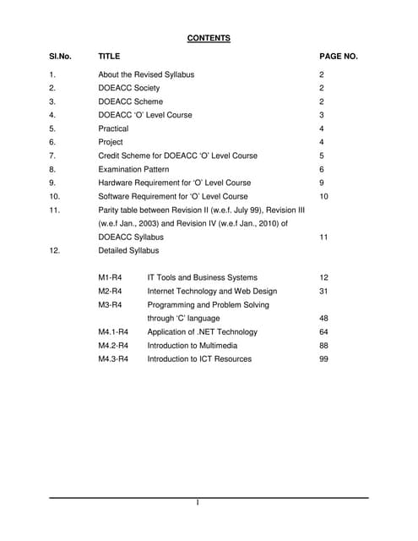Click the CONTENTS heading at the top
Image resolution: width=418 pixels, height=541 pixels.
pyautogui.click(x=209, y=38)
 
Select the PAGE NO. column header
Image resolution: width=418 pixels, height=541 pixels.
pyautogui.click(x=339, y=57)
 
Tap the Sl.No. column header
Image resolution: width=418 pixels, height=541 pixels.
pyautogui.click(x=60, y=57)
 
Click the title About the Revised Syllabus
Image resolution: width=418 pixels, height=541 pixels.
pyautogui.click(x=146, y=74)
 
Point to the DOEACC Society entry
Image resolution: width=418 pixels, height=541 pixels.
pyautogui.click(x=129, y=88)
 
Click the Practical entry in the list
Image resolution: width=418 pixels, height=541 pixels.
pyautogui.click(x=113, y=128)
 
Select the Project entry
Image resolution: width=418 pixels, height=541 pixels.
pyautogui.click(x=111, y=142)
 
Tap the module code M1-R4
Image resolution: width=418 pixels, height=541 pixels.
pyautogui.click(x=111, y=277)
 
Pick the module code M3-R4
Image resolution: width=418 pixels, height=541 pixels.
pyautogui.click(x=111, y=304)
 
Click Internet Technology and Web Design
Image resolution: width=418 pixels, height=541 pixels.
pyautogui.click(x=212, y=291)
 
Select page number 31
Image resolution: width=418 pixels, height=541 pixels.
pyautogui.click(x=323, y=291)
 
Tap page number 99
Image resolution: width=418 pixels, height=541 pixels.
pyautogui.click(x=323, y=359)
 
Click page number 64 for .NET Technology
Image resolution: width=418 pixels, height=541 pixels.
pyautogui.click(x=323, y=332)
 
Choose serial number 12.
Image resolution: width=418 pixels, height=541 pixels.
pyautogui.click(x=54, y=250)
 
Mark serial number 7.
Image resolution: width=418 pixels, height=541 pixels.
pyautogui.click(x=52, y=156)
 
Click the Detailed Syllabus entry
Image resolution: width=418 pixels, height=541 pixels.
pyautogui.click(x=128, y=250)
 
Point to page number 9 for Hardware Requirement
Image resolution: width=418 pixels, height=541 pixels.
pyautogui.click(x=322, y=183)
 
